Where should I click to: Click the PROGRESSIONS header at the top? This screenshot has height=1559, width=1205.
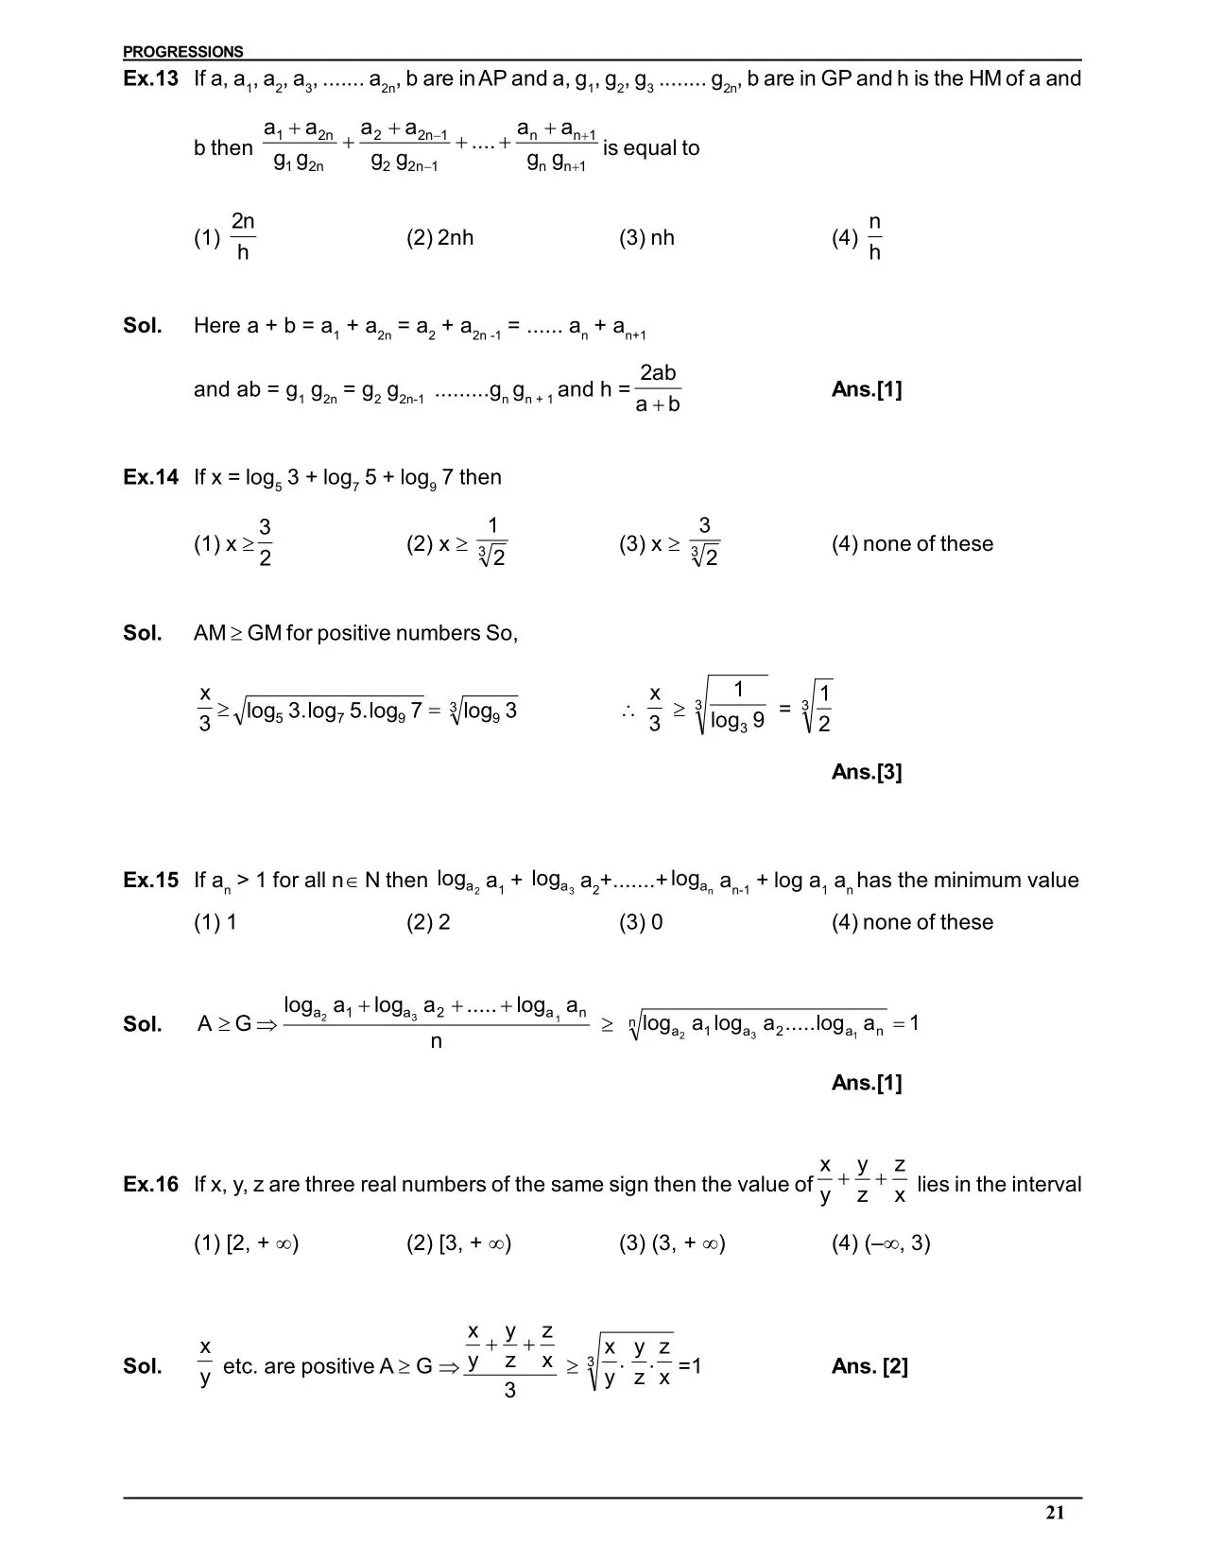pyautogui.click(x=182, y=52)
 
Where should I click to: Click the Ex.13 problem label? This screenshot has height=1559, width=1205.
pyautogui.click(x=150, y=79)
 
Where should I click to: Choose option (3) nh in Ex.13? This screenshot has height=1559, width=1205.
pyautogui.click(x=646, y=238)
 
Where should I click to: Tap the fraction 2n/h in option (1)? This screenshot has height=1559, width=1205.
pyautogui.click(x=243, y=237)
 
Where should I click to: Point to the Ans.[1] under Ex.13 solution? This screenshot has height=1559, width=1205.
pyautogui.click(x=867, y=390)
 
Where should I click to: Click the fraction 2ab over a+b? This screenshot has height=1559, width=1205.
pyautogui.click(x=658, y=389)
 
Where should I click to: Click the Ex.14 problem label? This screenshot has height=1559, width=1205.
pyautogui.click(x=150, y=477)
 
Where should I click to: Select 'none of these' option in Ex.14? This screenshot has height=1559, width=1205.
pyautogui.click(x=912, y=544)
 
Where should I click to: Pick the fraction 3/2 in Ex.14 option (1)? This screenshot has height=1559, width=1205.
pyautogui.click(x=265, y=543)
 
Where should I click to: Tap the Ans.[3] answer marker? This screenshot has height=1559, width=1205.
pyautogui.click(x=867, y=772)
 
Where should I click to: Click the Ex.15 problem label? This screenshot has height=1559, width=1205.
pyautogui.click(x=150, y=881)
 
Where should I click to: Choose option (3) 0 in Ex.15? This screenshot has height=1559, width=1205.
pyautogui.click(x=641, y=922)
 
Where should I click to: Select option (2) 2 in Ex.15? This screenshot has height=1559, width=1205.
pyautogui.click(x=428, y=922)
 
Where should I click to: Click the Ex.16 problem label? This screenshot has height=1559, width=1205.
pyautogui.click(x=150, y=1185)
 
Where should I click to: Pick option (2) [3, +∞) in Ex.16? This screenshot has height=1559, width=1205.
pyautogui.click(x=458, y=1243)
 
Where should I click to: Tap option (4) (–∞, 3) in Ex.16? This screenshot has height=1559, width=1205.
pyautogui.click(x=881, y=1243)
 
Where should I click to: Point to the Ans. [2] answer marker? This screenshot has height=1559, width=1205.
pyautogui.click(x=869, y=1366)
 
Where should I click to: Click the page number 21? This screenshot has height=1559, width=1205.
pyautogui.click(x=1055, y=1513)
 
